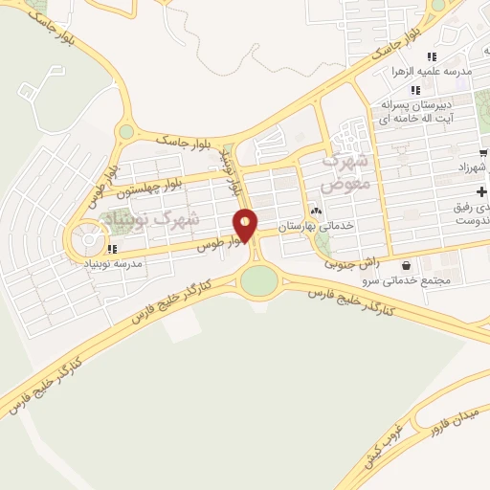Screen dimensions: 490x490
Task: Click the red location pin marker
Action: [246, 225]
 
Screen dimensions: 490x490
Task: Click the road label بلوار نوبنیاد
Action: [231, 172]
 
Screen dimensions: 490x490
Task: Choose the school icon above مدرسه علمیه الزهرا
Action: [432, 56]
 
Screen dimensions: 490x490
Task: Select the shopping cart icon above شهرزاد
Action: [483, 152]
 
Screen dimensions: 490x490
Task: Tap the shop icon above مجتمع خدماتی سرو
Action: [408, 265]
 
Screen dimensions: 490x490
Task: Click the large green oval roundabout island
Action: [258, 281]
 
